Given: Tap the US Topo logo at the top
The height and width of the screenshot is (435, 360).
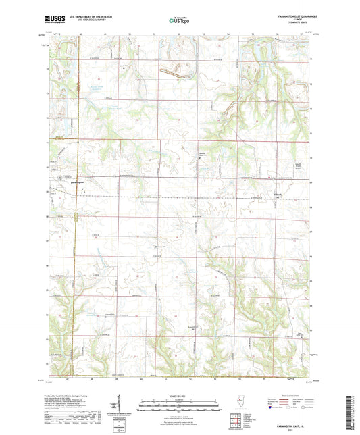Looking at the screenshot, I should click(180, 21).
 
